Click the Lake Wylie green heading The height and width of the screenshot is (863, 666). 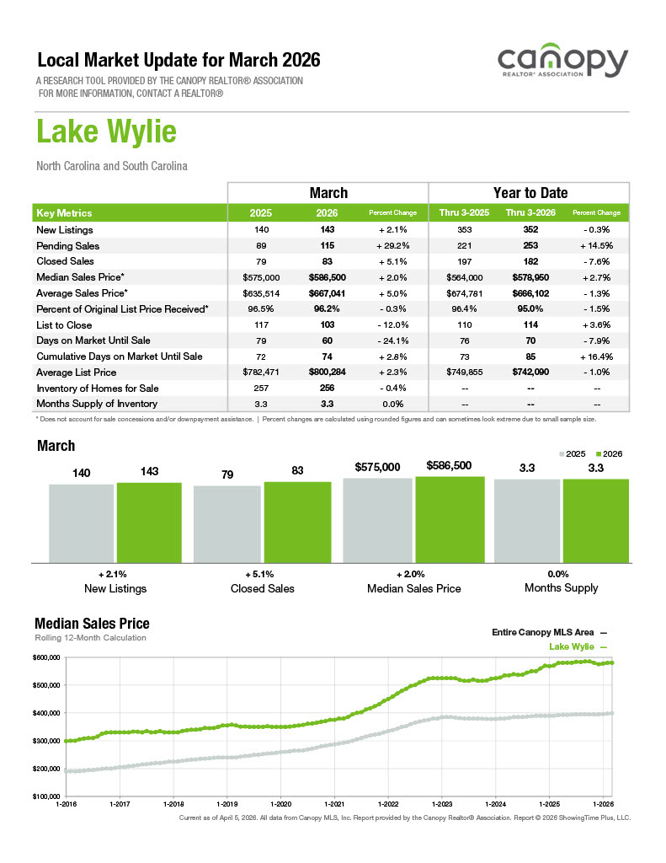pos(106,132)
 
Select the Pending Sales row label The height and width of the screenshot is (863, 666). pos(68,245)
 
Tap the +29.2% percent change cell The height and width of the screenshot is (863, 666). pos(393,245)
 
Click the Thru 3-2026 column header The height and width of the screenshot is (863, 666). pos(529,212)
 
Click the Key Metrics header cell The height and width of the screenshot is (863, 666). pos(65,212)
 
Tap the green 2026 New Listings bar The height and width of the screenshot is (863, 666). pos(149,522)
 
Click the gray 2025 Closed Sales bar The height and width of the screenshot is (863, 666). pos(227,523)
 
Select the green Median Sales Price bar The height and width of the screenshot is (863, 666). pos(450,519)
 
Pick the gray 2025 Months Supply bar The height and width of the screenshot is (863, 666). pos(526,520)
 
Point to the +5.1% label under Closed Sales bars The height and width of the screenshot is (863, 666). pos(262,573)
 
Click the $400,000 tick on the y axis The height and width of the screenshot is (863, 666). pos(47,713)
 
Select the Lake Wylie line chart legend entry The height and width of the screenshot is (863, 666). pos(578,646)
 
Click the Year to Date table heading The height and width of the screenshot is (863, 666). pos(530,193)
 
